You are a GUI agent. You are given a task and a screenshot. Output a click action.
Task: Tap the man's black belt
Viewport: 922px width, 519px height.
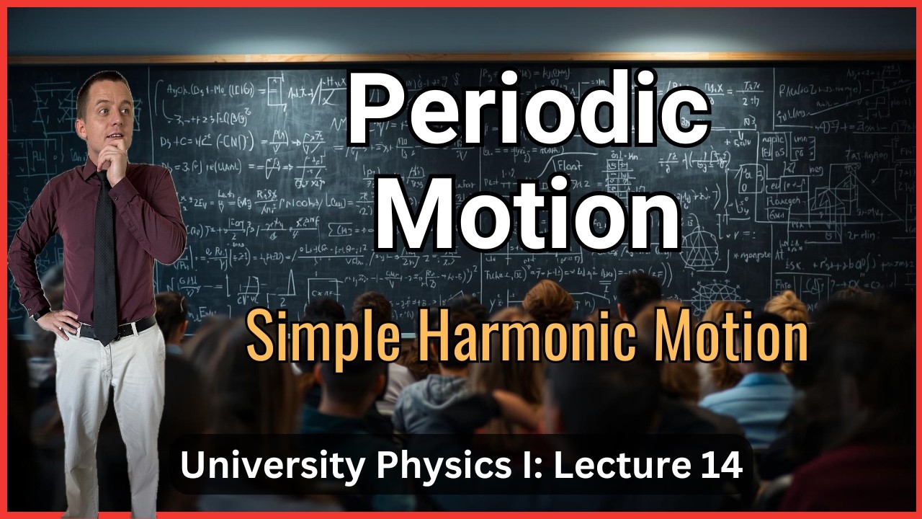[x=122, y=328]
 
